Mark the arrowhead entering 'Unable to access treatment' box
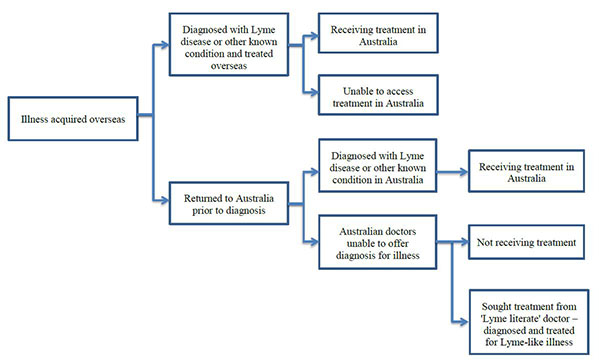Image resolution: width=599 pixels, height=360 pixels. pyautogui.click(x=315, y=94)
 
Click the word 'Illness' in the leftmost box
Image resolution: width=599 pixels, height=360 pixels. pyautogui.click(x=35, y=122)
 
